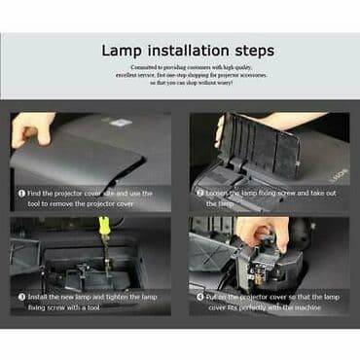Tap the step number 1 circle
point(21,193)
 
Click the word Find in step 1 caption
point(39,193)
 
